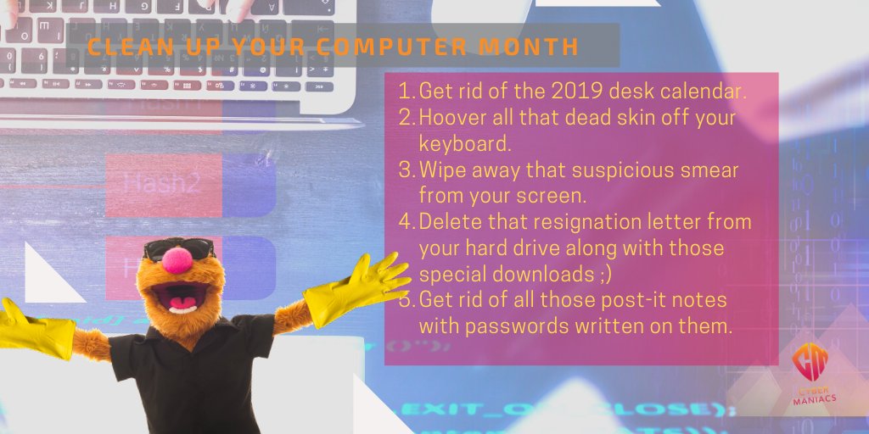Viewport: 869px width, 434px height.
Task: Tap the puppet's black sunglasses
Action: tap(178, 248)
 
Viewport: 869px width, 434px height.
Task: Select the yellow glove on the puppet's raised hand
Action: tap(356, 285)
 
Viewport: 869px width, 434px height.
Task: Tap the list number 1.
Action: tap(404, 90)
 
